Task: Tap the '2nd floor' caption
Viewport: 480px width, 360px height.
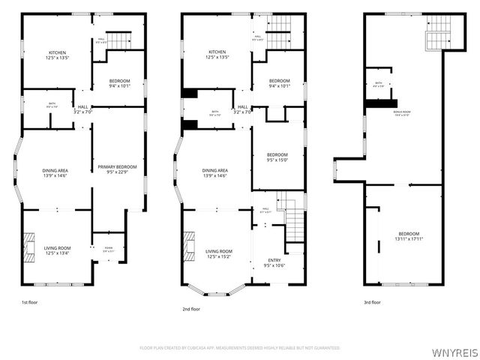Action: pos(190,308)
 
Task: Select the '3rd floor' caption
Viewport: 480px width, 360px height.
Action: pos(373,302)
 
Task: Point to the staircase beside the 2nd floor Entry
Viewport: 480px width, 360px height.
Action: pos(297,217)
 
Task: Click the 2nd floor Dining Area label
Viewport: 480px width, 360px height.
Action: pos(214,172)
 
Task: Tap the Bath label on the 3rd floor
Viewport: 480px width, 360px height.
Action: pos(379,85)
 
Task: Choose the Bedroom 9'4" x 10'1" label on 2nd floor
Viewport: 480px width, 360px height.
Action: pos(280,82)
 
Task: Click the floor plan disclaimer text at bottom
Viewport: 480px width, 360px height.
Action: pos(240,348)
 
